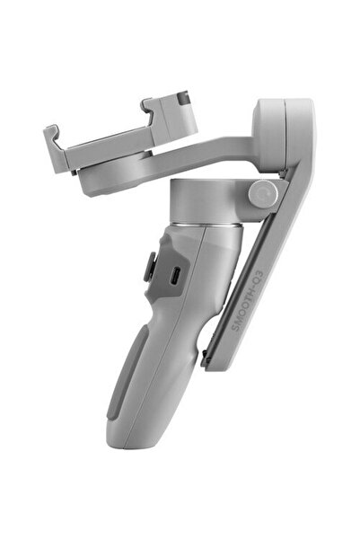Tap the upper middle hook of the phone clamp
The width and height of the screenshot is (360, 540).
(148, 109)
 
